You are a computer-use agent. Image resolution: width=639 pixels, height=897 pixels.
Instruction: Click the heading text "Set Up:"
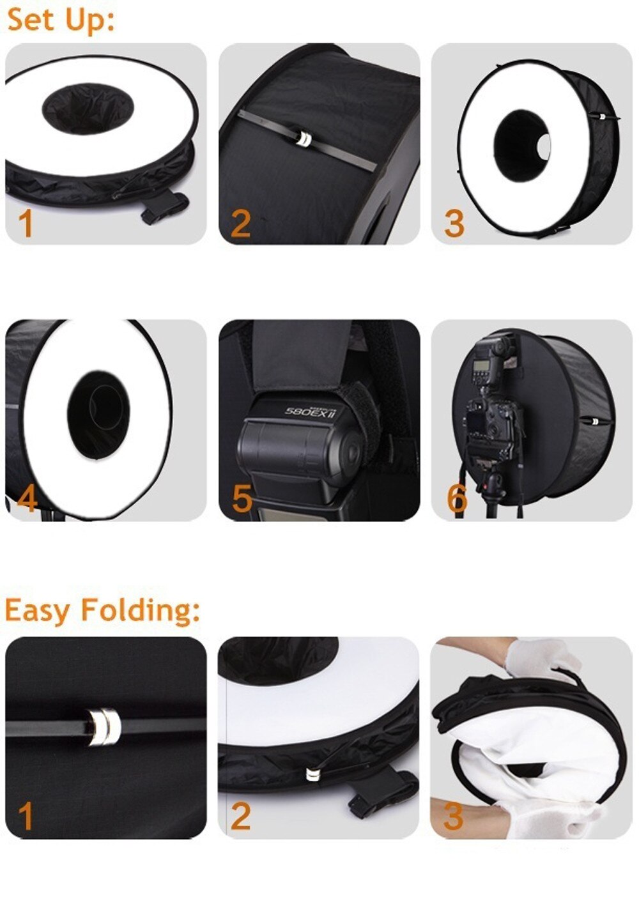[61, 19]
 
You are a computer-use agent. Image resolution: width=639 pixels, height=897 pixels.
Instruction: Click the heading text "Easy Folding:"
[102, 609]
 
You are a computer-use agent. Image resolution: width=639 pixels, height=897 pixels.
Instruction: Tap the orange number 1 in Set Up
[26, 224]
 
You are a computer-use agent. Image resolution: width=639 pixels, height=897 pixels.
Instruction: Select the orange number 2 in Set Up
[240, 224]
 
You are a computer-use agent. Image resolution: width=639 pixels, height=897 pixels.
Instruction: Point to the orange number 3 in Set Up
[454, 224]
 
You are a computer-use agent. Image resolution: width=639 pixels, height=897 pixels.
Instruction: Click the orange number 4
[27, 498]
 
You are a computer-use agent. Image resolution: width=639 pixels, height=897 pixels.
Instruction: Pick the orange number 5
[242, 498]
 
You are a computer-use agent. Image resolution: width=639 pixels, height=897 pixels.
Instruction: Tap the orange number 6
[456, 498]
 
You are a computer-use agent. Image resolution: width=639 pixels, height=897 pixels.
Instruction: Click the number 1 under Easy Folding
[26, 816]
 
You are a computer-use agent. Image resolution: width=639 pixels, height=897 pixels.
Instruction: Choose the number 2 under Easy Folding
[240, 816]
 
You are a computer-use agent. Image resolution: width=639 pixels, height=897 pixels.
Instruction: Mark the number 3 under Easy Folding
[453, 816]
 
